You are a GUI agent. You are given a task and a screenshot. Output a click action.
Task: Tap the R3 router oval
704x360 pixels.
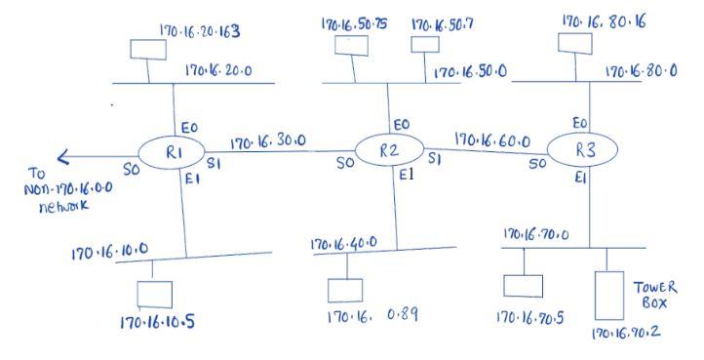(580, 149)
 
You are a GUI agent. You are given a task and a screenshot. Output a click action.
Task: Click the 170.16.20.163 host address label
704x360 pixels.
(199, 32)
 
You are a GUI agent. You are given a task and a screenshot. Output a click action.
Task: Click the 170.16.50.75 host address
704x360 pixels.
(354, 23)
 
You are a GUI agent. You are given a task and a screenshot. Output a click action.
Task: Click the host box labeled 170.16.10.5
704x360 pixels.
(155, 294)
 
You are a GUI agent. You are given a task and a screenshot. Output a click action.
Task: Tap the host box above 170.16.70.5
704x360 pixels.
(523, 285)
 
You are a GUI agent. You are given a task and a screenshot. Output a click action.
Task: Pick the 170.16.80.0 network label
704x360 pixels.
(641, 72)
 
